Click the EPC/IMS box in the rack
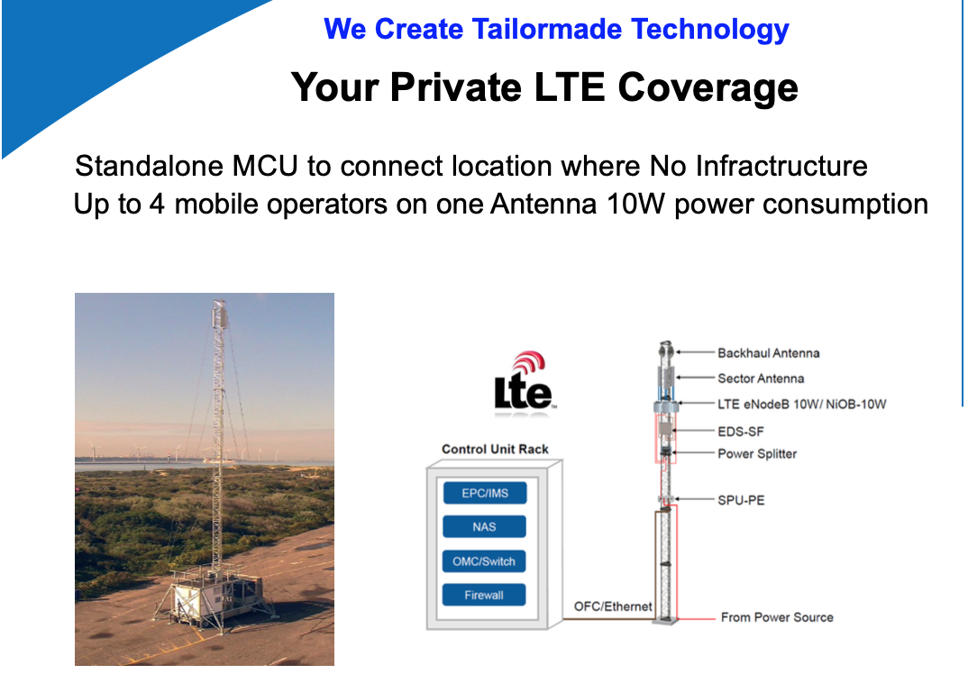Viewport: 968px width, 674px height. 485,493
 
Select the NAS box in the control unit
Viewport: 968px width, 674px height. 485,526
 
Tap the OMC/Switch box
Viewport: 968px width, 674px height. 485,561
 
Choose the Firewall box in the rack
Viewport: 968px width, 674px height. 485,595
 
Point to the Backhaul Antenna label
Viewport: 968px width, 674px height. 769,353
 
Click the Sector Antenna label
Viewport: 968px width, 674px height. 761,378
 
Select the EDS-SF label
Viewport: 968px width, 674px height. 741,432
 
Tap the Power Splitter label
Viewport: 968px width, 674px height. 757,453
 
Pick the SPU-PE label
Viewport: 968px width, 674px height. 741,500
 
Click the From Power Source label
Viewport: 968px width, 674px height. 777,617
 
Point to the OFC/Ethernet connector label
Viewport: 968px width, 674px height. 612,606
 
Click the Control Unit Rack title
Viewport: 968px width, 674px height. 495,450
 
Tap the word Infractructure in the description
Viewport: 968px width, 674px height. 781,166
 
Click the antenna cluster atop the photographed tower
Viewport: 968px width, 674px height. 219,314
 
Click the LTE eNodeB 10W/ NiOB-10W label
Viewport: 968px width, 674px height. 801,405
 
